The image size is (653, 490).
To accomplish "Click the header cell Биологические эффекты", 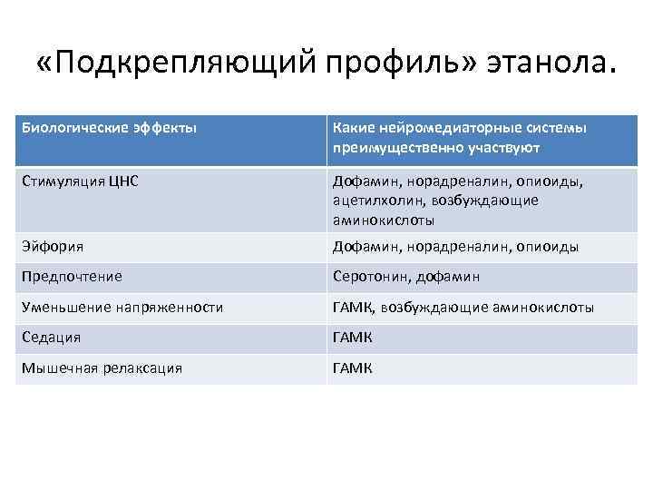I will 109,128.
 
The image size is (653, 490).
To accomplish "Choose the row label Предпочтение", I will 73,277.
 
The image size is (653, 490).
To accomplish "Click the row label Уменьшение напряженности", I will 123,308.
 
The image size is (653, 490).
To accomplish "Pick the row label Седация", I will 53,338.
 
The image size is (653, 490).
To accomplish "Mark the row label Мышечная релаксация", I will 103,367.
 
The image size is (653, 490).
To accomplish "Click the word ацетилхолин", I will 373,200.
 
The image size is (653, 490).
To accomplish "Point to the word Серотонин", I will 366,277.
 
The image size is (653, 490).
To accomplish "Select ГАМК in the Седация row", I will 353,338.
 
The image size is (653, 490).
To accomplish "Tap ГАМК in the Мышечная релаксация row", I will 353,367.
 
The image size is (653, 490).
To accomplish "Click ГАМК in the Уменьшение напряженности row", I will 353,308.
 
